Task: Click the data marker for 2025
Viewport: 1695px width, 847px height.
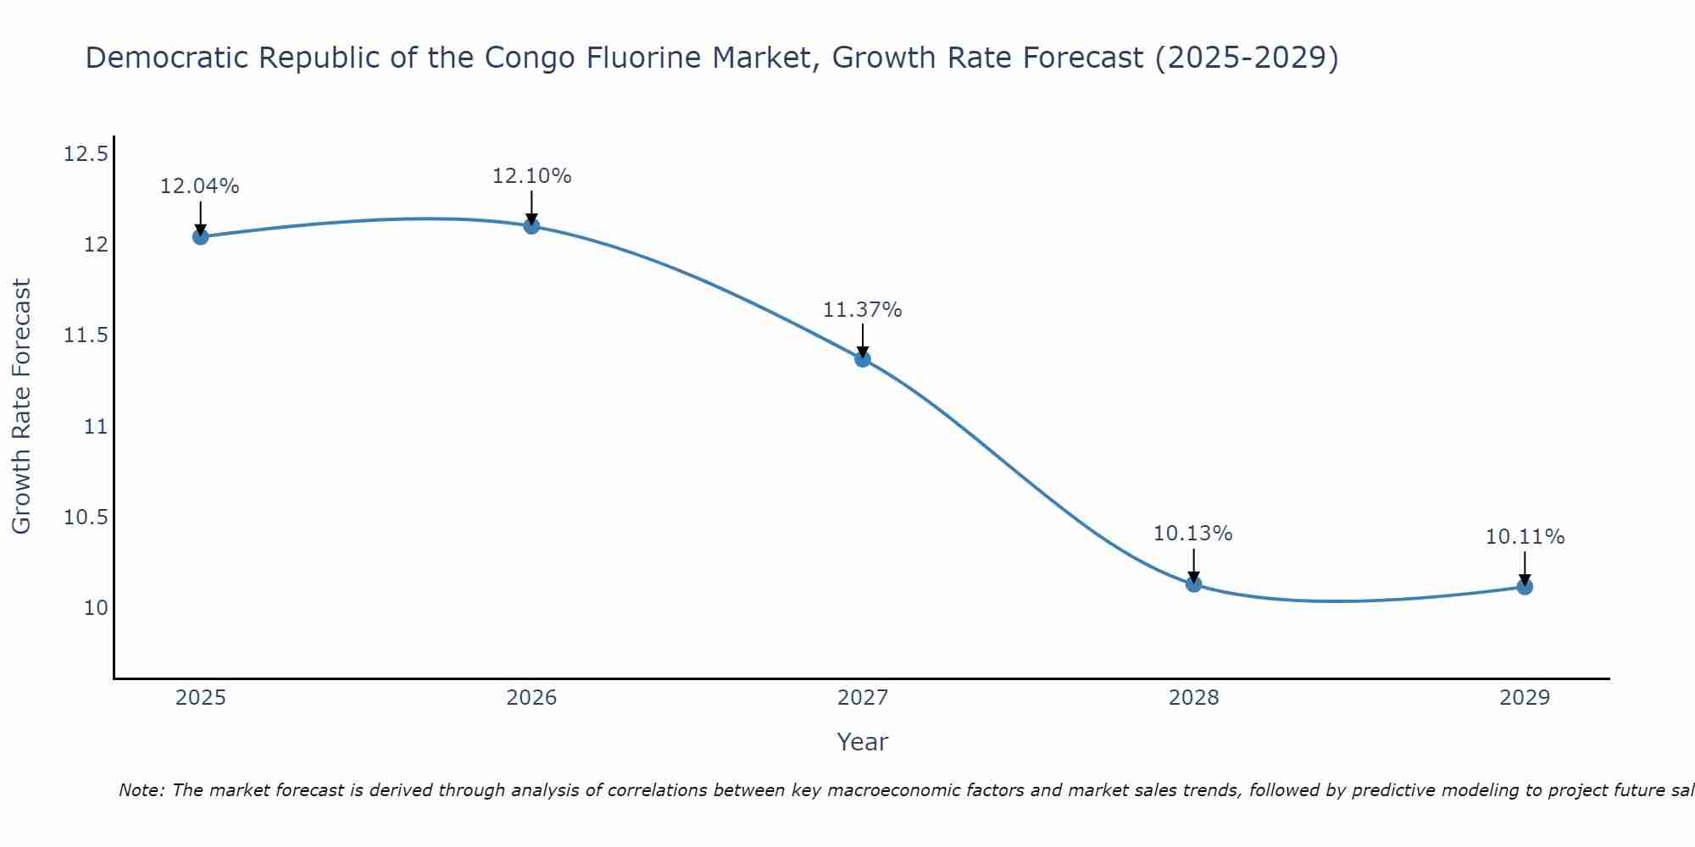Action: (x=200, y=236)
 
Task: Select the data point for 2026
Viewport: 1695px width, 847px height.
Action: (x=531, y=225)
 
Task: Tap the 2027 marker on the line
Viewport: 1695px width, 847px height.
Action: (x=863, y=358)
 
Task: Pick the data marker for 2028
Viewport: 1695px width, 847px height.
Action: (x=1193, y=584)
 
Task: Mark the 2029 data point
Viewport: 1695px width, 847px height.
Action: (x=1525, y=586)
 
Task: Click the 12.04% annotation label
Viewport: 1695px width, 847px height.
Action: (x=200, y=186)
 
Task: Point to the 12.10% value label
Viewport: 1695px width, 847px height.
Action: (x=531, y=176)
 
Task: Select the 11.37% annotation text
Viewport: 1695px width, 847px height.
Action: (x=863, y=310)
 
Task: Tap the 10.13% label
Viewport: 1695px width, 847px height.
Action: (x=1193, y=534)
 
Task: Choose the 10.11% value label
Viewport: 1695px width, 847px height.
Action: (x=1525, y=537)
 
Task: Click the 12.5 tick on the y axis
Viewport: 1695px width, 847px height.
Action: (x=86, y=154)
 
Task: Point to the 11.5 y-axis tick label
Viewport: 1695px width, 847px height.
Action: (x=86, y=335)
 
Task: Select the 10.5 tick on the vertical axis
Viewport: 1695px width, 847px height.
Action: (x=86, y=518)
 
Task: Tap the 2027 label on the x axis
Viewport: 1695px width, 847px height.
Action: (x=863, y=698)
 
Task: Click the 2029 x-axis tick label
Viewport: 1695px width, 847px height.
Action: (x=1525, y=698)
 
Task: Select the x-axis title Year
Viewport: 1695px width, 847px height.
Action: (x=863, y=742)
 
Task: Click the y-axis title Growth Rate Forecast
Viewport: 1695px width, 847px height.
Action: (x=21, y=407)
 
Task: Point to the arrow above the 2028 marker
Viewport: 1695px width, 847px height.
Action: (x=1193, y=566)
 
